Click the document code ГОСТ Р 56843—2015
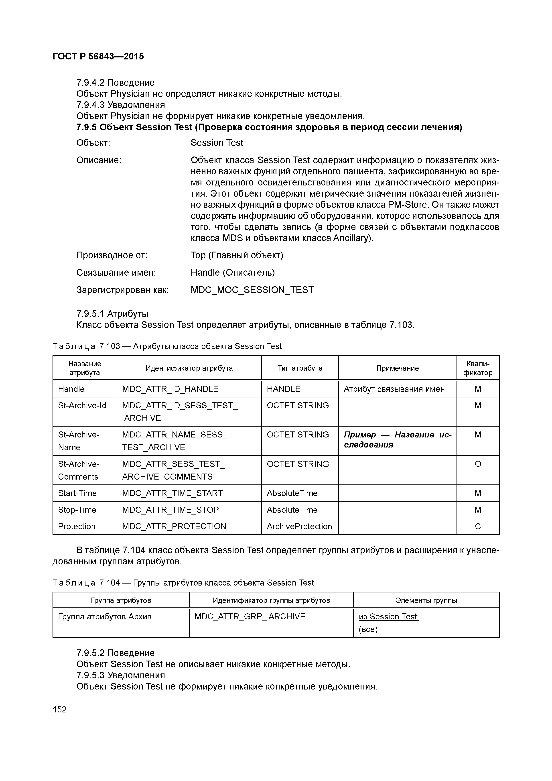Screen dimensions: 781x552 tap(98, 57)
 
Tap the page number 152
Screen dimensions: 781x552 tap(60, 710)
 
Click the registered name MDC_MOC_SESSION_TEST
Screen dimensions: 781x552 tap(252, 290)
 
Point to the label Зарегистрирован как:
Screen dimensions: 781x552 tap(122, 290)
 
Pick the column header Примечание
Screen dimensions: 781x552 tap(397, 368)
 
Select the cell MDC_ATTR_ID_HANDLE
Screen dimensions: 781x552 tap(170, 389)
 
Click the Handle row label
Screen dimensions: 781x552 tap(71, 389)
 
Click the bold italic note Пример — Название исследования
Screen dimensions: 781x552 tap(397, 439)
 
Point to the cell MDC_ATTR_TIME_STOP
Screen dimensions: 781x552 tap(170, 510)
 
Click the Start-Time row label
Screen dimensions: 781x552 tap(77, 493)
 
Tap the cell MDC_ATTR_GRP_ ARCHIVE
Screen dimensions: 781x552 tap(250, 617)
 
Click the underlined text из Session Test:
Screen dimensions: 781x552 tap(389, 617)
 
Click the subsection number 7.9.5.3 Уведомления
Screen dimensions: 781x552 tap(120, 675)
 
